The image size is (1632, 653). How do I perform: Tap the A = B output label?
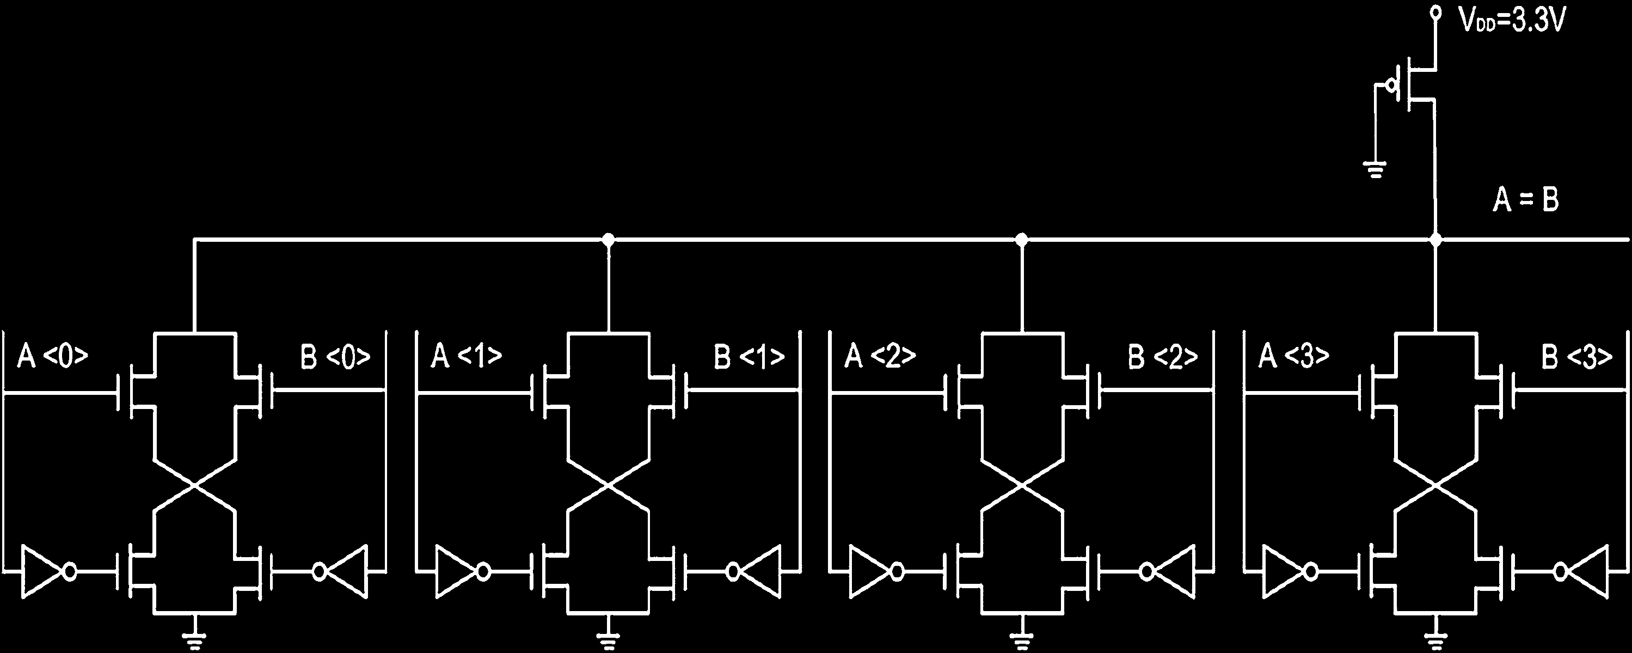pyautogui.click(x=1525, y=201)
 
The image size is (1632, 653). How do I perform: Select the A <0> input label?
pyautogui.click(x=52, y=357)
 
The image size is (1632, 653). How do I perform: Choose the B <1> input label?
pyautogui.click(x=749, y=357)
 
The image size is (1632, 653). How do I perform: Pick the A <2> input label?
pyautogui.click(x=879, y=357)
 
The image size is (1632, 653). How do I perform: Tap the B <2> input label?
pyautogui.click(x=1163, y=357)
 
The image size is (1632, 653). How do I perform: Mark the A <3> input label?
pyautogui.click(x=1293, y=357)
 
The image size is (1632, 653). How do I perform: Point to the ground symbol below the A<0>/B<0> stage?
pyautogui.click(x=195, y=637)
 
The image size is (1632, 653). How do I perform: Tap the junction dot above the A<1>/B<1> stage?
pyautogui.click(x=609, y=240)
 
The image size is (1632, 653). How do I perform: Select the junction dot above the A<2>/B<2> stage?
pyautogui.click(x=1021, y=240)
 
